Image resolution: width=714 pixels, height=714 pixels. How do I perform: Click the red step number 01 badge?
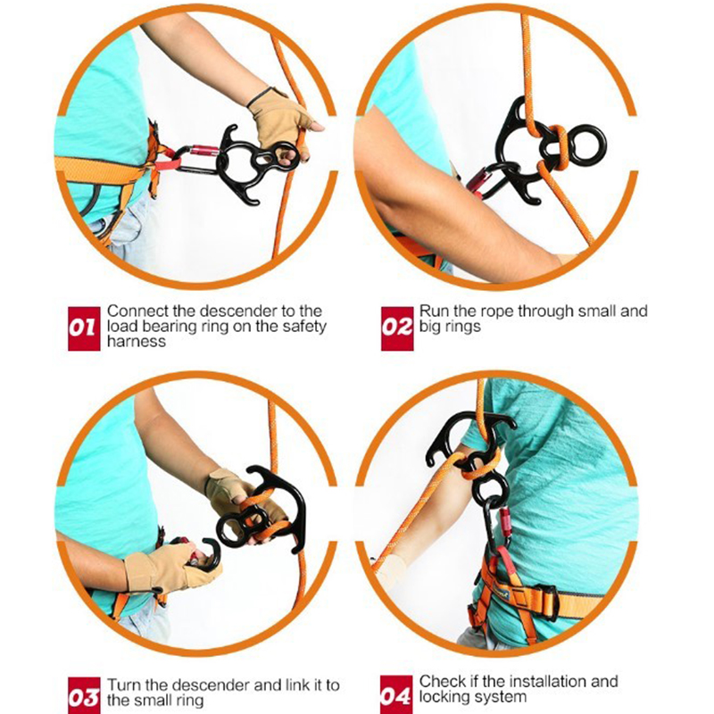(84, 328)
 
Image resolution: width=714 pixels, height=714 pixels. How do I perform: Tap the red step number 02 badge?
(397, 328)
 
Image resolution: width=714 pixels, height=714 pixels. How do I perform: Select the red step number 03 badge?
(84, 695)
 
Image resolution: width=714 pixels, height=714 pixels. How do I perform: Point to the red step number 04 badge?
(396, 694)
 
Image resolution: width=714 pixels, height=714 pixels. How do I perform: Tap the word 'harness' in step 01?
(137, 342)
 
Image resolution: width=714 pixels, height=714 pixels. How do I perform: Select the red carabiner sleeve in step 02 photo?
(477, 181)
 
